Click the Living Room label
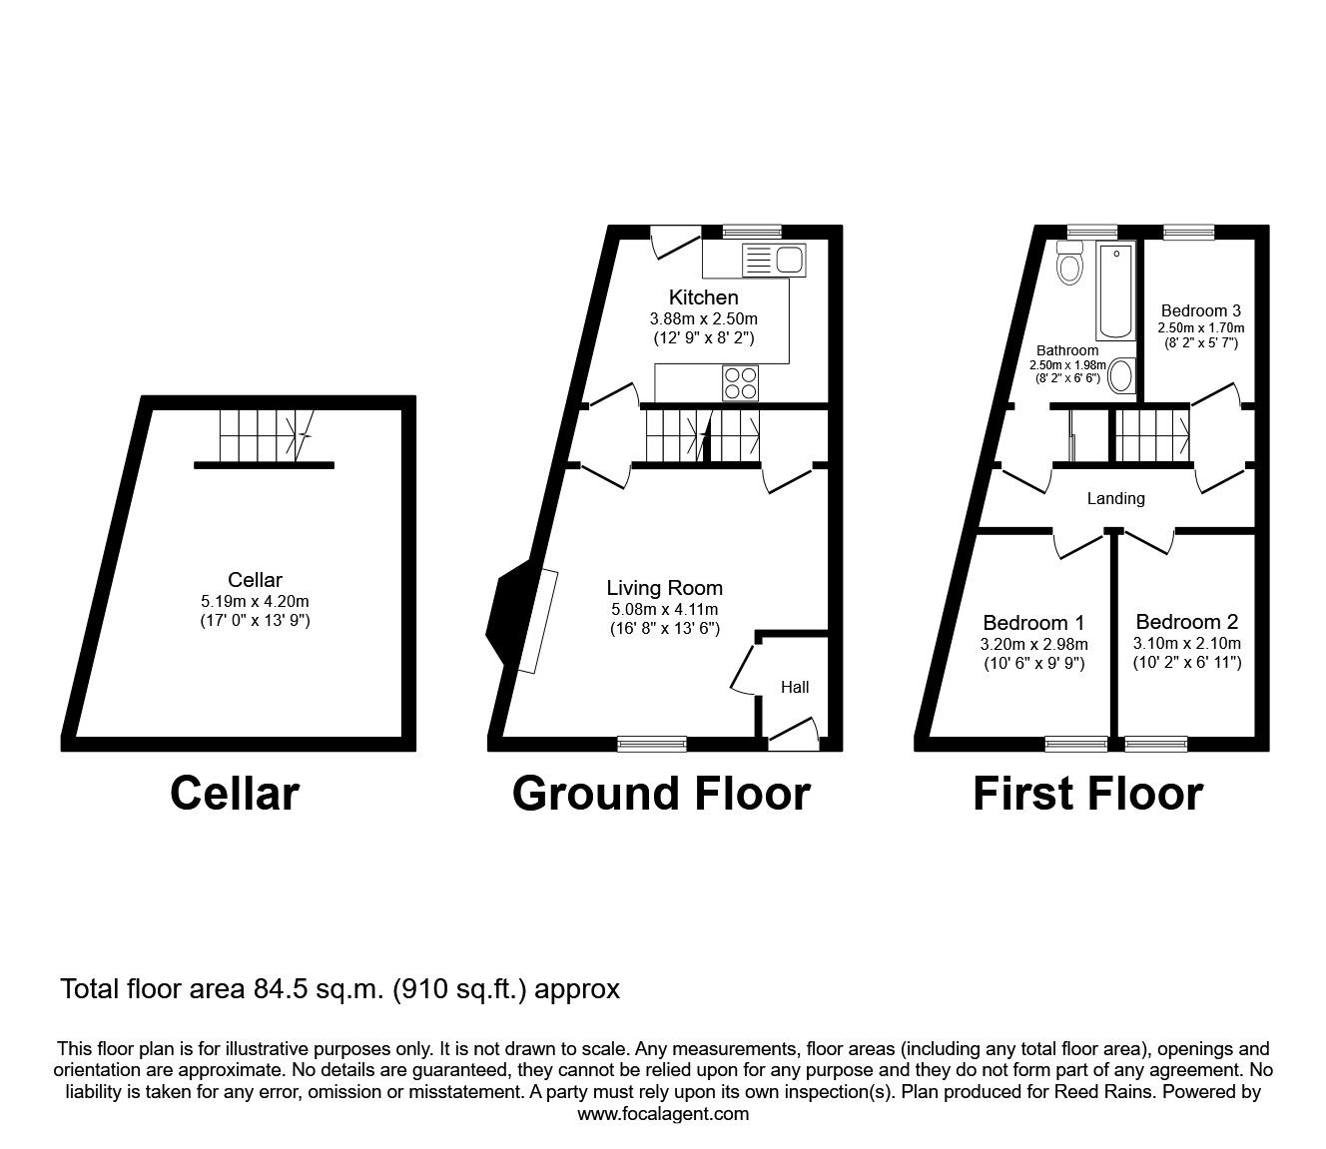click(664, 588)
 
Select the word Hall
click(795, 687)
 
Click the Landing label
click(1115, 498)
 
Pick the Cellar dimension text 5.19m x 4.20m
click(255, 601)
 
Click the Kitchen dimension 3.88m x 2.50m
click(703, 318)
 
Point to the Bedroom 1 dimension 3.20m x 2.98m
click(1033, 644)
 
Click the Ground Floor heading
click(661, 794)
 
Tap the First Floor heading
click(1087, 794)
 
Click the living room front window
click(651, 743)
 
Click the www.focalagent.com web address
click(663, 1114)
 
